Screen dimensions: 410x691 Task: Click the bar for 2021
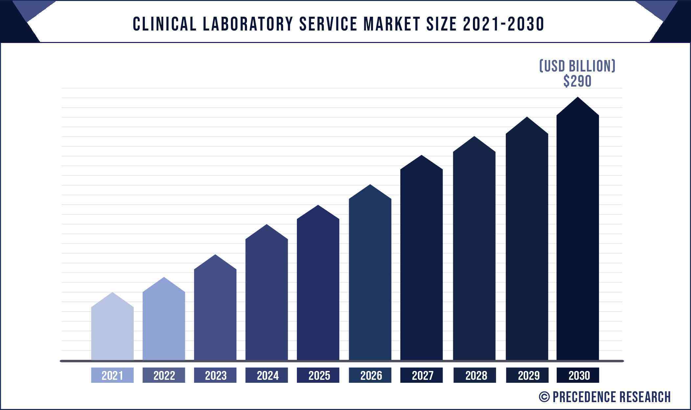tap(112, 331)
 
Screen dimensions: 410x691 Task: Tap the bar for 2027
tap(421, 262)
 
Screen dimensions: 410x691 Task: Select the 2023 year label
tap(215, 375)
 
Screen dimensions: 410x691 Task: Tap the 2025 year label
tap(319, 375)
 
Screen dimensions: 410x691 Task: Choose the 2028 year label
tap(476, 375)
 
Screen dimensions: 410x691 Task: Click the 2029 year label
tap(528, 375)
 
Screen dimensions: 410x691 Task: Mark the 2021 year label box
tap(112, 375)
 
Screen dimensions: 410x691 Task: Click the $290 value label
tap(577, 81)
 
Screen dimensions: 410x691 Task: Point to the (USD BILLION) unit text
tap(577, 66)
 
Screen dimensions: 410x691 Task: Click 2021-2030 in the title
tap(503, 24)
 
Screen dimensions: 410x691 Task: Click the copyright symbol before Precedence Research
tap(544, 397)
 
